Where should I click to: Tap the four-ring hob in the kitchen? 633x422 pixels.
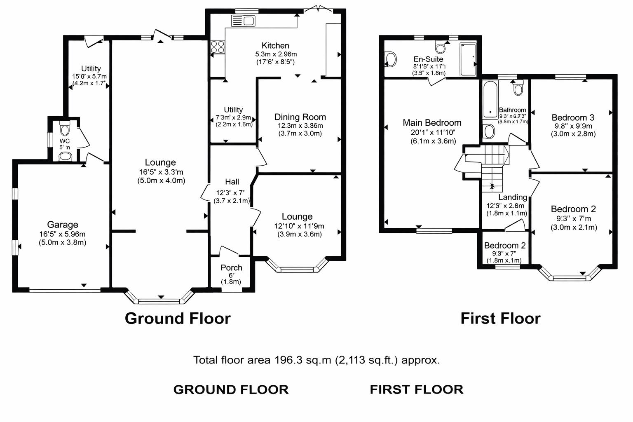pos(218,47)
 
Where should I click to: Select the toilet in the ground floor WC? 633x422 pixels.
pos(65,129)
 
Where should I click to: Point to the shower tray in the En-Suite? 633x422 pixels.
pos(467,59)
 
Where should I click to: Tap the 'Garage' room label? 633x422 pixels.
pos(63,225)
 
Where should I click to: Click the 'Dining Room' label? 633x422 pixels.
pos(300,117)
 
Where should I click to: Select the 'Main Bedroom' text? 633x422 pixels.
pos(432,122)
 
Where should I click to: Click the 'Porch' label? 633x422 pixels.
pos(231,267)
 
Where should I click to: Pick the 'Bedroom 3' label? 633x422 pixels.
pos(573,117)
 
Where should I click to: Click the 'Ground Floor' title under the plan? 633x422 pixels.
pos(178,318)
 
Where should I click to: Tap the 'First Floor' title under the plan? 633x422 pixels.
pos(500,318)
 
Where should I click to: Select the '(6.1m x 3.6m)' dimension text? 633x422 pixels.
pos(433,141)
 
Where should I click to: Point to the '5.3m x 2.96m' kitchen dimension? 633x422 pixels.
pos(276,54)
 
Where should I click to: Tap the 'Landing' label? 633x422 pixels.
pos(512,197)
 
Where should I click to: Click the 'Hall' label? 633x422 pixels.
pos(232,182)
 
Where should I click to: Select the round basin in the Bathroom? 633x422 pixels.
pos(489,132)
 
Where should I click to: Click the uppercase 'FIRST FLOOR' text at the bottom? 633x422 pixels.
pos(416,389)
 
